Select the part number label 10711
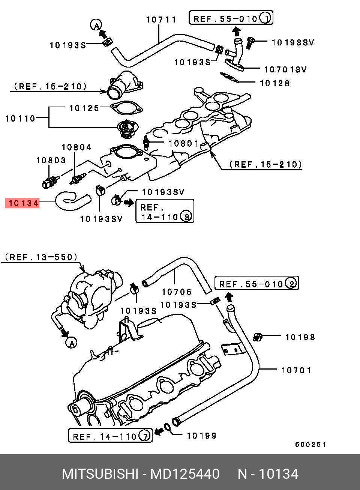[161, 20]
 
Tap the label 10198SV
[293, 42]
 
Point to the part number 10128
[275, 83]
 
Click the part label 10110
[20, 119]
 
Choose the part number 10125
[84, 108]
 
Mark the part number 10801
[184, 143]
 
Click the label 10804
[76, 147]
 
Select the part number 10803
[51, 160]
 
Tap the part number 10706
[177, 292]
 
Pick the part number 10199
[202, 436]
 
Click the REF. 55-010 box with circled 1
[231, 18]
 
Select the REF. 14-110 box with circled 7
[110, 436]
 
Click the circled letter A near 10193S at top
[96, 25]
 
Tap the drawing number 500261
[310, 445]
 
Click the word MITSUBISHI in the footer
[100, 474]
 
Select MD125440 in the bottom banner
[185, 474]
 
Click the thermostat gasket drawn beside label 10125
[127, 108]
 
